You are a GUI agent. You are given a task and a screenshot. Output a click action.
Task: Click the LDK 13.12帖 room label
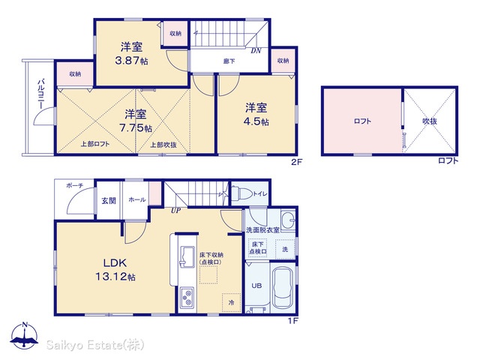(115, 270)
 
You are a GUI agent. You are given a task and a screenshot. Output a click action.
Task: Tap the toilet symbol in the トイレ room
(241, 193)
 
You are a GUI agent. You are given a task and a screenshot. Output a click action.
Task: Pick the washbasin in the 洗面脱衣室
(288, 220)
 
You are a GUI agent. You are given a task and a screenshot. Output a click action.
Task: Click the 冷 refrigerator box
(231, 302)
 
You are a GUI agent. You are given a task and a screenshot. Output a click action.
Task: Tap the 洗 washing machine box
(285, 249)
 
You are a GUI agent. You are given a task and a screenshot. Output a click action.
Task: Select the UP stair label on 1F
(175, 210)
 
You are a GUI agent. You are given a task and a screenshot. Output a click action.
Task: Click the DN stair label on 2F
(256, 51)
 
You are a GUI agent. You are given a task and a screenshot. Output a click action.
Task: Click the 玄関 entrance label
(109, 201)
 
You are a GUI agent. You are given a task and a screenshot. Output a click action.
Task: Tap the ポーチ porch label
(74, 185)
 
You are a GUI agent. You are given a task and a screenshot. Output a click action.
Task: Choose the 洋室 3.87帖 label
(131, 54)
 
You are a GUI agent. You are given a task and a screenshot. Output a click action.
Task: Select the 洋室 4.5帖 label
(256, 115)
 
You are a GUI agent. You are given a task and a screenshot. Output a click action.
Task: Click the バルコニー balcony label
(40, 94)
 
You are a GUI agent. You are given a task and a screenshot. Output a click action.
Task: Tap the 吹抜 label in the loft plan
(430, 121)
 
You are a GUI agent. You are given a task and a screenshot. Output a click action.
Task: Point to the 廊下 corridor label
(229, 61)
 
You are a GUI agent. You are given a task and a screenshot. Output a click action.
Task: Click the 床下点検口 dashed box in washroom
(257, 247)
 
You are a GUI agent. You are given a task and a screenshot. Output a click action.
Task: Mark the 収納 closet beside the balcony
(75, 74)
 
